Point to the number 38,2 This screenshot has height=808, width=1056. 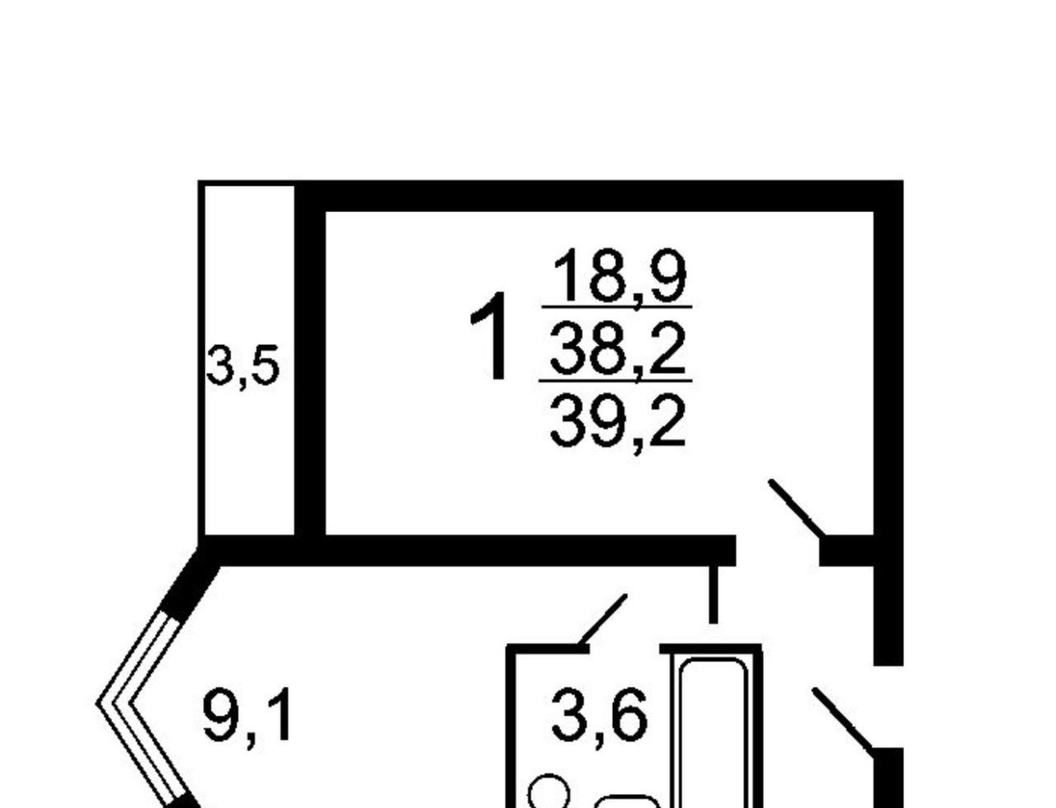(618, 348)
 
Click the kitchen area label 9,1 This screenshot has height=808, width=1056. (247, 716)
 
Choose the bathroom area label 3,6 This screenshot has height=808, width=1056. (599, 716)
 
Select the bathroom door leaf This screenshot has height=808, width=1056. (603, 619)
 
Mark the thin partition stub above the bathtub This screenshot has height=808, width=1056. (714, 593)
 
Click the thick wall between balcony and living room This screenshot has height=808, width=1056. (310, 371)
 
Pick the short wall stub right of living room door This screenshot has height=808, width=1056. (846, 551)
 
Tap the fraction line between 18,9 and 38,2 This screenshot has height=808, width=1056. (616, 307)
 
